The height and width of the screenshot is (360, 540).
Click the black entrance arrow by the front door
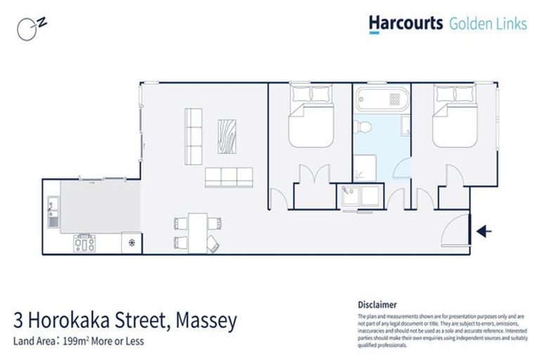[484, 231]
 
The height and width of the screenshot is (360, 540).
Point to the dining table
[198, 232]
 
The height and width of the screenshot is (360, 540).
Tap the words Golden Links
[488, 24]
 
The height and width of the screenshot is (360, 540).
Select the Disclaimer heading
[378, 304]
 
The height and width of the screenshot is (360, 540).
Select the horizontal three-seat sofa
[229, 176]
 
